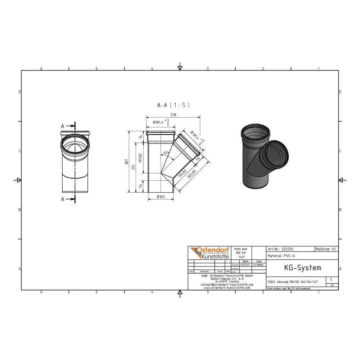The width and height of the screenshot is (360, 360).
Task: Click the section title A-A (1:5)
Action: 173,105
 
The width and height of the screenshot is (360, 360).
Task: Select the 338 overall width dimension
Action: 174,115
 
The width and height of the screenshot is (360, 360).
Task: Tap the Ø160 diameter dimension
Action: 161,197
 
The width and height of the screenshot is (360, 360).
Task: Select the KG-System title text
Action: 297,268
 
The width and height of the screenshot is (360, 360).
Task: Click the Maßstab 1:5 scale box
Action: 326,249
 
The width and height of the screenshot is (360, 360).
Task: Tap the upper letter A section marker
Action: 63,126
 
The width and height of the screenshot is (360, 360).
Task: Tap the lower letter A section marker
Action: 63,199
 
